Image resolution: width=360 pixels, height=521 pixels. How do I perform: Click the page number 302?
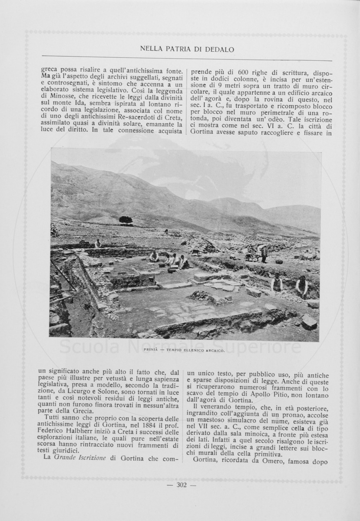coord(182,485)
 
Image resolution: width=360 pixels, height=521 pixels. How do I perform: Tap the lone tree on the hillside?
coord(126,220)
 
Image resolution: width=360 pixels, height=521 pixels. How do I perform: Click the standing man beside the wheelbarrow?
coord(264,254)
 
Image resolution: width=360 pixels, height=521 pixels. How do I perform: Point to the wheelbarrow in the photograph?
coord(251,256)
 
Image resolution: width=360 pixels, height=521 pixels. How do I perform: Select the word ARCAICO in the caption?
coord(213,350)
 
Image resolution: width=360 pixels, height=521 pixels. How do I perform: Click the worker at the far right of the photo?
coord(301,286)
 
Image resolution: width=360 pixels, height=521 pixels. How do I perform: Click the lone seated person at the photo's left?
coord(98,243)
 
